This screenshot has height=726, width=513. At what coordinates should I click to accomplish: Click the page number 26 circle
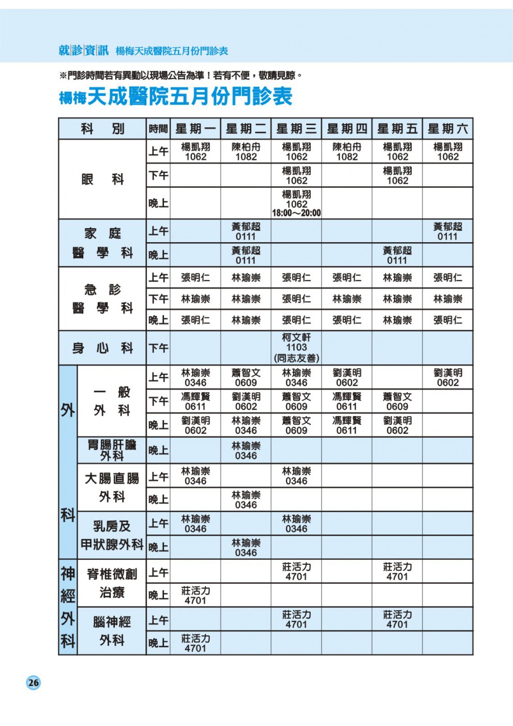(x=33, y=682)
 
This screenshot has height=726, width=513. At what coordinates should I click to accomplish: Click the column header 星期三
(x=296, y=129)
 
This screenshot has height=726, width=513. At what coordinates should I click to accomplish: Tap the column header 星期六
(x=448, y=129)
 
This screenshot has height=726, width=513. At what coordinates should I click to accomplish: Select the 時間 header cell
(x=158, y=129)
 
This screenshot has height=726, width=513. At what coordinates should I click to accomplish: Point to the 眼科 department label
(x=102, y=179)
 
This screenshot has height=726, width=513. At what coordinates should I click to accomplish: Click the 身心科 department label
(x=102, y=348)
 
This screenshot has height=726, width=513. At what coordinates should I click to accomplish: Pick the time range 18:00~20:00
(x=296, y=213)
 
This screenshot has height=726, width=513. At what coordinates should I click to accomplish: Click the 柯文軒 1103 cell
(x=296, y=342)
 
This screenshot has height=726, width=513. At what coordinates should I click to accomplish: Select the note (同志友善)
(x=296, y=358)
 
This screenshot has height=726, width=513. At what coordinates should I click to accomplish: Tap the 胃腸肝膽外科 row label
(x=112, y=450)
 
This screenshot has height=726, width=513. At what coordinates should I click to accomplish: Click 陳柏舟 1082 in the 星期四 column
(x=347, y=152)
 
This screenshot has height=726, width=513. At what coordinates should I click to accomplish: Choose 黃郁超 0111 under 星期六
(x=448, y=231)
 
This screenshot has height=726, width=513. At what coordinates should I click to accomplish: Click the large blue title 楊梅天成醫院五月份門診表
(x=176, y=97)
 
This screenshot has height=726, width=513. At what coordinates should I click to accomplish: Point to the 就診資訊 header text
(x=83, y=50)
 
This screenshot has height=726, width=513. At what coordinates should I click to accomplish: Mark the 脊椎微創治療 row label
(x=112, y=583)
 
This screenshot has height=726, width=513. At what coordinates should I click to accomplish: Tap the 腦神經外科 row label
(x=112, y=631)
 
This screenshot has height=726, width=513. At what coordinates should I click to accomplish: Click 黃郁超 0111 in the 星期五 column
(x=397, y=255)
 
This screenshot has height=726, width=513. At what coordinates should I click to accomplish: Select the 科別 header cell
(x=102, y=129)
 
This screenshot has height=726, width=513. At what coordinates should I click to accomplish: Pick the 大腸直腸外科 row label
(x=112, y=487)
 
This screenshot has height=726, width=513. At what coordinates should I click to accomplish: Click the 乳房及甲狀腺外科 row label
(x=112, y=535)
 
